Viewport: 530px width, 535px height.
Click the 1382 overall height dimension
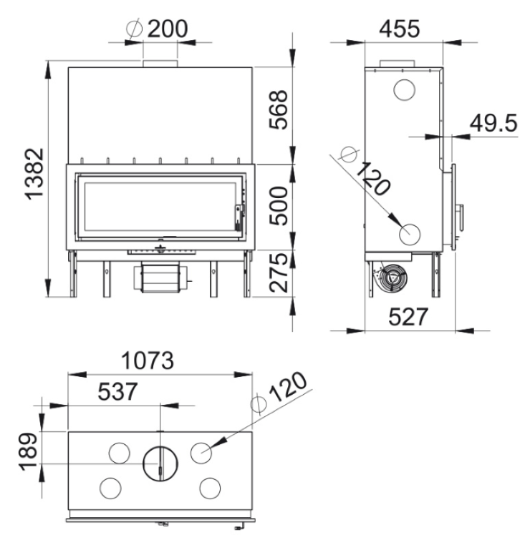click(x=34, y=174)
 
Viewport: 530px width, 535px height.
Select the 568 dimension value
click(x=278, y=109)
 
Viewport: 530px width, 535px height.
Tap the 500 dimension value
click(x=278, y=206)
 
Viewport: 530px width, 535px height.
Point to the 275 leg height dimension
click(x=278, y=273)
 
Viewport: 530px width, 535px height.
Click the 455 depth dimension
click(x=399, y=29)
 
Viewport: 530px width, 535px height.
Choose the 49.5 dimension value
click(x=493, y=123)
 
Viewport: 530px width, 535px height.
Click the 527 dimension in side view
click(x=408, y=317)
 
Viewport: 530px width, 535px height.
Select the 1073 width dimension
click(x=148, y=360)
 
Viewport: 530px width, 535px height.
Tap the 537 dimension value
click(x=117, y=391)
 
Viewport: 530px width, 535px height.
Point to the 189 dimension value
click(x=29, y=452)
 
